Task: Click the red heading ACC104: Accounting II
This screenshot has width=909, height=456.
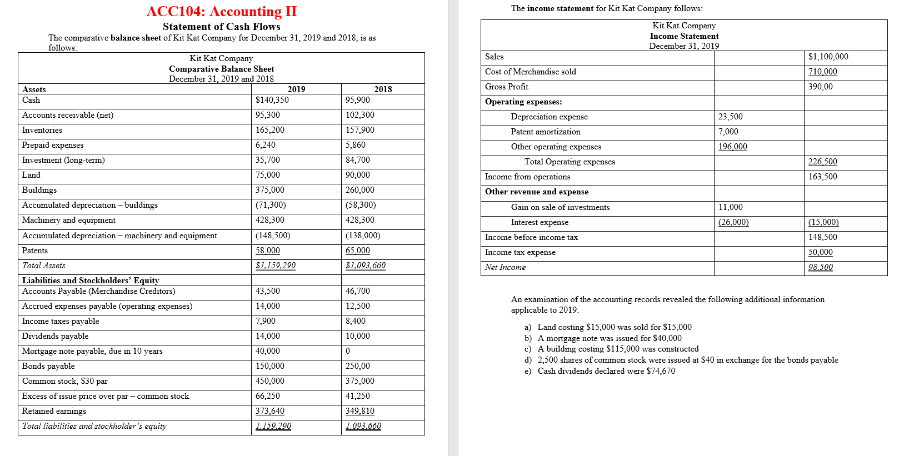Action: pos(221,12)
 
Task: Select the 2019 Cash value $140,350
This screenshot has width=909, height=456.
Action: pos(272,100)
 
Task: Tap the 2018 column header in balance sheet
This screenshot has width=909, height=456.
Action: pos(382,89)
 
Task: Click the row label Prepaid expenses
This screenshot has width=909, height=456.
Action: pos(53,145)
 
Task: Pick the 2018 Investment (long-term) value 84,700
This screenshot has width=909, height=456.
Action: pos(357,160)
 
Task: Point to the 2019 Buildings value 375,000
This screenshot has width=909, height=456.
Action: pos(268,190)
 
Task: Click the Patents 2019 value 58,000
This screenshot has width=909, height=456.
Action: pos(268,250)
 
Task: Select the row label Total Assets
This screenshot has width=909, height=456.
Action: pos(44,265)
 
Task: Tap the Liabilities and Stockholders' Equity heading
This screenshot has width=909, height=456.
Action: pos(91,280)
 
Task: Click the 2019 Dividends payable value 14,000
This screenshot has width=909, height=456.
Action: pos(268,336)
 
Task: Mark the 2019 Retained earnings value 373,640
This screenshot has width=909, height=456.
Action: pos(270,411)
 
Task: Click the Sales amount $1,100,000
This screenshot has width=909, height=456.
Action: pos(828,57)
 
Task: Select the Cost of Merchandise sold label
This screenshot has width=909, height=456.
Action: pos(530,72)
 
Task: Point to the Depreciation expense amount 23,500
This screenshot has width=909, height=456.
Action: pos(730,117)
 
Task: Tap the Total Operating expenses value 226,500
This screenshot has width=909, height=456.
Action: pos(822,162)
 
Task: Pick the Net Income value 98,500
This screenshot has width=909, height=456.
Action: pos(821,267)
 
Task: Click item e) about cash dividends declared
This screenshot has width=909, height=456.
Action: pos(606,371)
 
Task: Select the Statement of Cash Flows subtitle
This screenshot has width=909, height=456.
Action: pos(221,27)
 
